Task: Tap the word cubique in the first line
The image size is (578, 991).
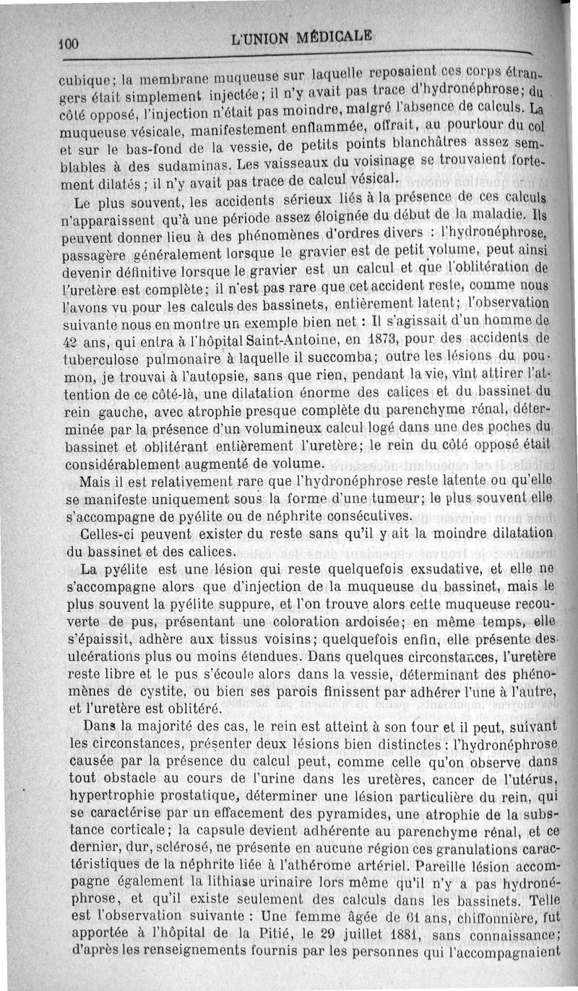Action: [x=79, y=79]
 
